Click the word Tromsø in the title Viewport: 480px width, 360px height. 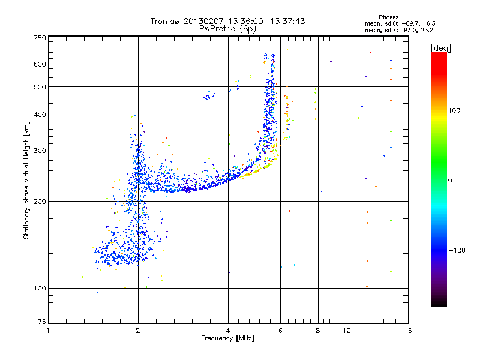click(166, 21)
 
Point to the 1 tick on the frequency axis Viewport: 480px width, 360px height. click(48, 331)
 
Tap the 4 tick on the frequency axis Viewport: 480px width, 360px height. click(228, 331)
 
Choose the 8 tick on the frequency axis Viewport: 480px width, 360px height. click(318, 331)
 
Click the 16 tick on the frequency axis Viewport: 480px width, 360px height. click(407, 331)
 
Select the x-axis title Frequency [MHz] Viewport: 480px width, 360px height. click(228, 338)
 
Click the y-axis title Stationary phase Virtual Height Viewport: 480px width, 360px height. click(26, 180)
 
